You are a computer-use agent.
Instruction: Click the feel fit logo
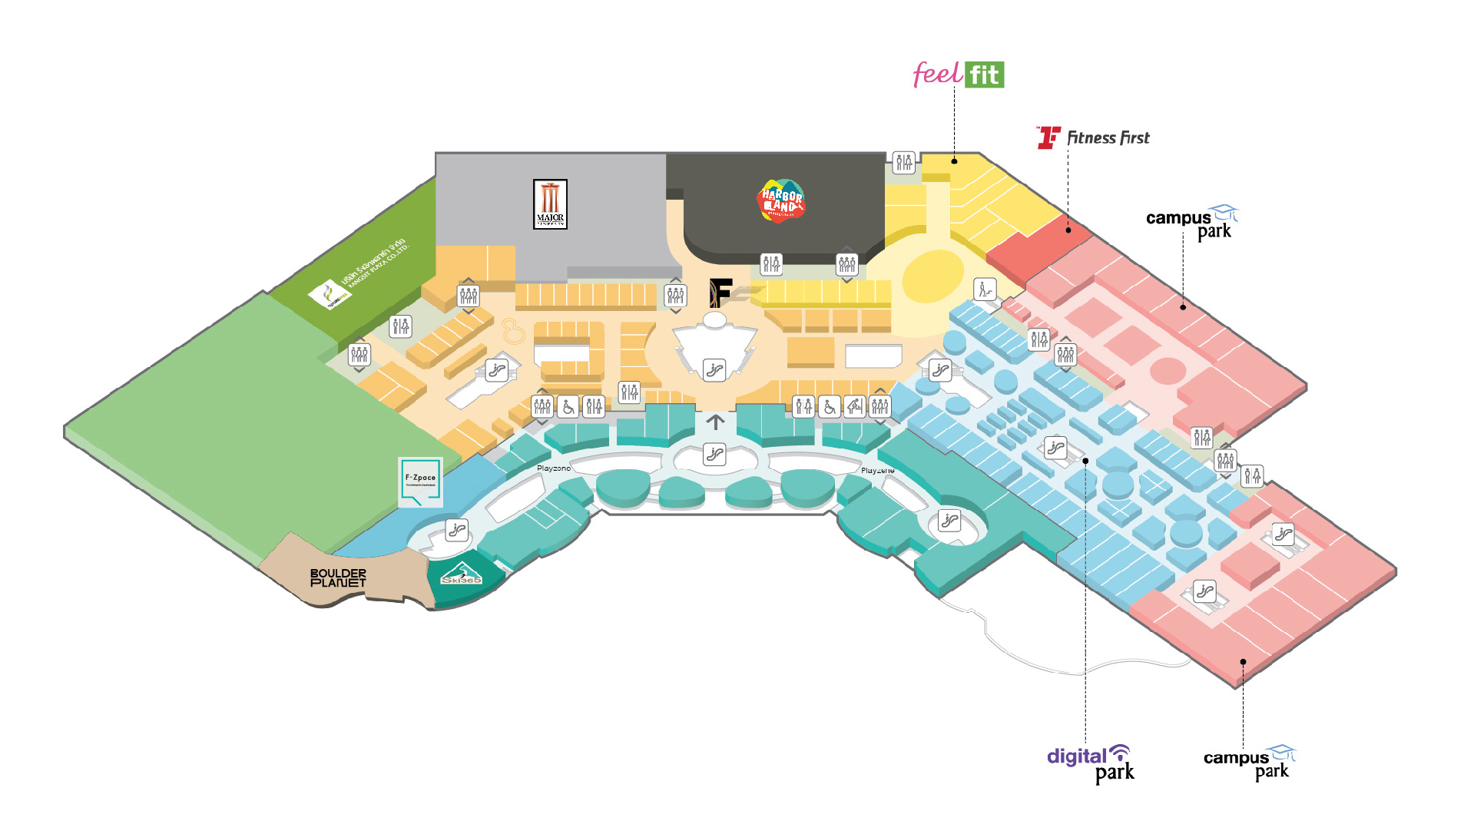[x=958, y=74]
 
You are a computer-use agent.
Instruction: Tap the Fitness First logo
[x=1093, y=137]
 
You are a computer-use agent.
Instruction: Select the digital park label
[x=1090, y=764]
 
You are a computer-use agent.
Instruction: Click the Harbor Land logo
[x=781, y=201]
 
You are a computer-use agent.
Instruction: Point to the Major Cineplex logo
[x=550, y=204]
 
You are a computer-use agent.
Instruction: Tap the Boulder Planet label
[x=338, y=578]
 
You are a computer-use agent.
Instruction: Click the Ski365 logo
[x=461, y=574]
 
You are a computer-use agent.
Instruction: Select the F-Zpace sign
[x=420, y=482]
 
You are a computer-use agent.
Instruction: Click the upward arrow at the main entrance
[x=715, y=422]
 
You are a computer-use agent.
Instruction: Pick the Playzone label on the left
[x=554, y=468]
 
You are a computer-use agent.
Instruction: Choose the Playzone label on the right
[x=877, y=470]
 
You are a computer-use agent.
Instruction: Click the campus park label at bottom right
[x=1249, y=763]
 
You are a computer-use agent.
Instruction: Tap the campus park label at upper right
[x=1191, y=223]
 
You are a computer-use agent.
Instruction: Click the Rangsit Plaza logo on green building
[x=330, y=295]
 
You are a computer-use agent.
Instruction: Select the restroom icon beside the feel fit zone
[x=904, y=162]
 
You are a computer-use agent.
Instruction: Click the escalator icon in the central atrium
[x=714, y=370]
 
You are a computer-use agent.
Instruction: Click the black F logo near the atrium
[x=720, y=292]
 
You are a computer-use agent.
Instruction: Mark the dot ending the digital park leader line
[x=1085, y=461]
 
